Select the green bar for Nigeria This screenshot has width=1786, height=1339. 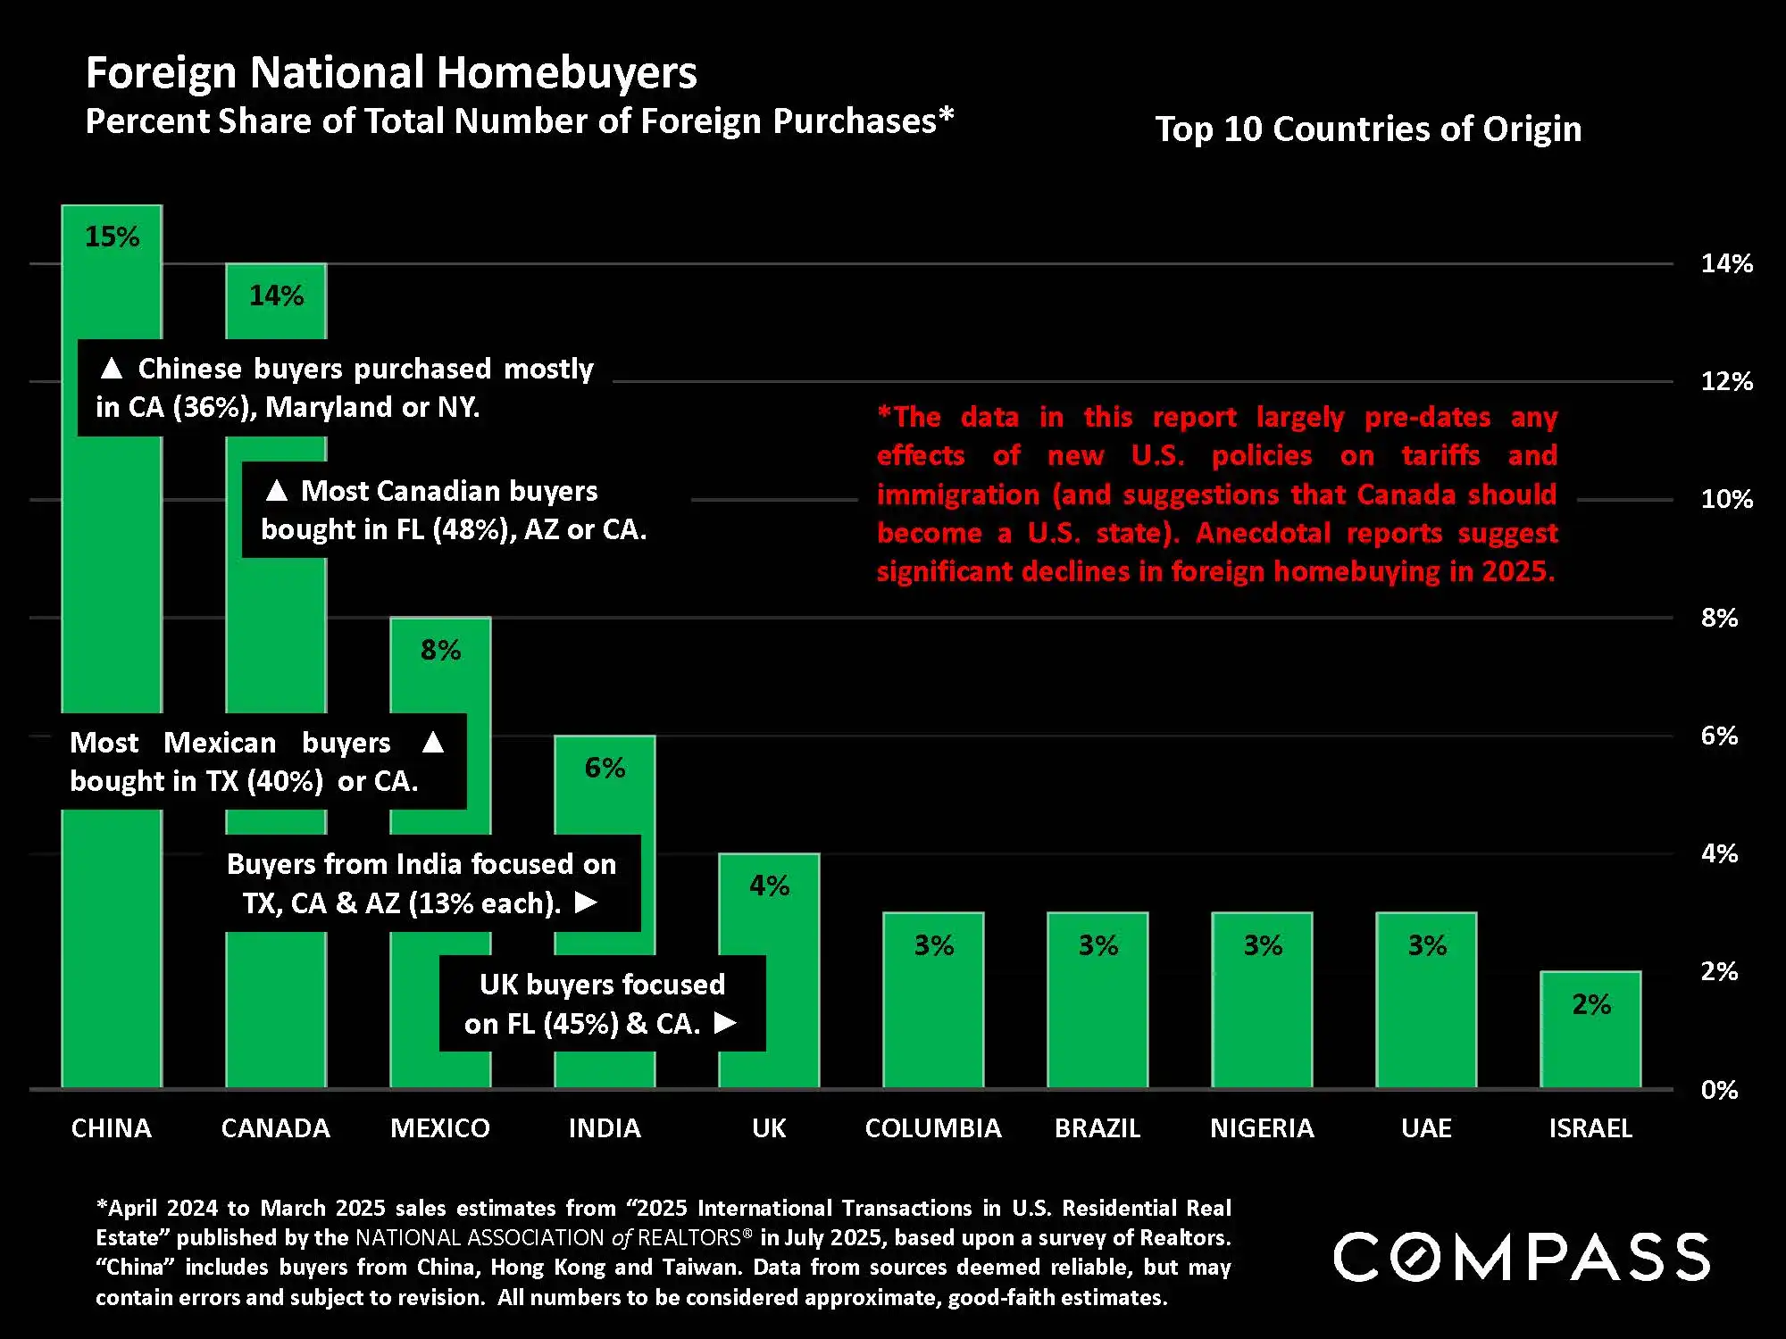point(1262,1018)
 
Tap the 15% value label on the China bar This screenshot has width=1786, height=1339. point(112,237)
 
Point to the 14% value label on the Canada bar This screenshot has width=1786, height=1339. point(276,295)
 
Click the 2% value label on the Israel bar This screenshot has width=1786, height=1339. point(1591,1004)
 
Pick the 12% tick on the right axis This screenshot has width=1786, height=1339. point(1726,382)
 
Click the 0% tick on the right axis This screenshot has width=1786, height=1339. point(1719,1090)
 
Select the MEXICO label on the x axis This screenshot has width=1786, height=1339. point(440,1128)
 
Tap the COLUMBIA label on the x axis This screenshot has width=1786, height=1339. point(933,1128)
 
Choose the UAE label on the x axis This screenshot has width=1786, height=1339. point(1426,1128)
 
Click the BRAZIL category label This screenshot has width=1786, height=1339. point(1097,1128)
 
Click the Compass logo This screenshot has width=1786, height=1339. point(1521,1257)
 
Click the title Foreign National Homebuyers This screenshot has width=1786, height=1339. point(391,72)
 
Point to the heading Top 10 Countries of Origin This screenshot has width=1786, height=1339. point(1368,129)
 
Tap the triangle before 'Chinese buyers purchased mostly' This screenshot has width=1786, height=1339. point(112,368)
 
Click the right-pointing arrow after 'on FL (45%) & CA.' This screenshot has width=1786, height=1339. point(726,1022)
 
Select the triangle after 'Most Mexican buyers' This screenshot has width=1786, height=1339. point(433,742)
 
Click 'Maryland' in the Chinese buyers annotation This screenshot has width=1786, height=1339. point(329,407)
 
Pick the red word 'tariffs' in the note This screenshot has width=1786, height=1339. point(1440,455)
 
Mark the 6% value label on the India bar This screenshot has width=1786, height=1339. point(605,768)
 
